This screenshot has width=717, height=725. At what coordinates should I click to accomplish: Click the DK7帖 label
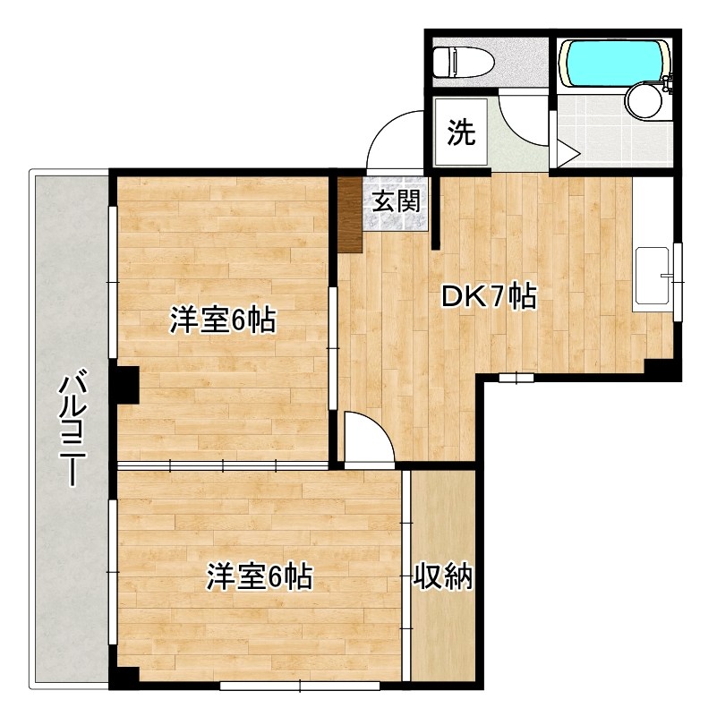coord(490,296)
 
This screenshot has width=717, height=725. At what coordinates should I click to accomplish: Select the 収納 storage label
coord(442,578)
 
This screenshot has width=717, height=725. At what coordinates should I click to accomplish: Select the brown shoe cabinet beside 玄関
coord(349,215)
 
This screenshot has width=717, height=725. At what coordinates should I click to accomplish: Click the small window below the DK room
coord(516,379)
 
